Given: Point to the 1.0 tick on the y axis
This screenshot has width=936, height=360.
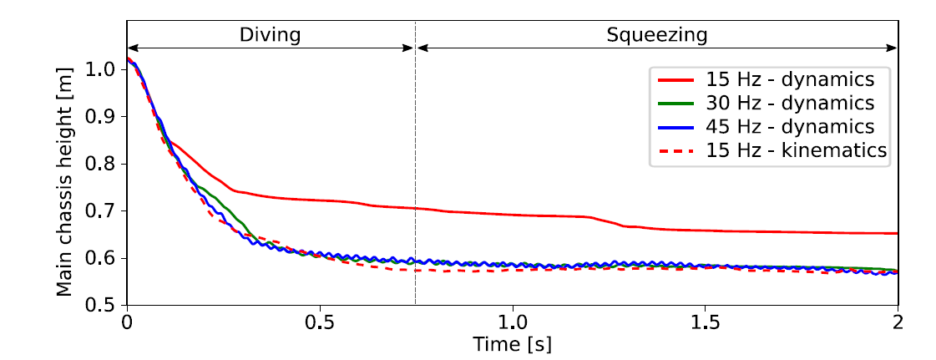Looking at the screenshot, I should (105, 69).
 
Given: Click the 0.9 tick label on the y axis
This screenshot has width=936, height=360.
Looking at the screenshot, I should (105, 117).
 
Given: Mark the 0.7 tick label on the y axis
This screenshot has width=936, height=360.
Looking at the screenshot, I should (105, 211).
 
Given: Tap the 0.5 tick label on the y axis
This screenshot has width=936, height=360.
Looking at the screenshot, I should (105, 306).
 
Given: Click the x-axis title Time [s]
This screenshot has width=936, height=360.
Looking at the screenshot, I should (512, 343).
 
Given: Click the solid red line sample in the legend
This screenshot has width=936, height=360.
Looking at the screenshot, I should (675, 80).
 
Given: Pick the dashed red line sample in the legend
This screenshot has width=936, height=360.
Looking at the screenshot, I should (675, 150).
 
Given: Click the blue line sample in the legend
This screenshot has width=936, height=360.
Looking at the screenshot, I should (675, 127).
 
